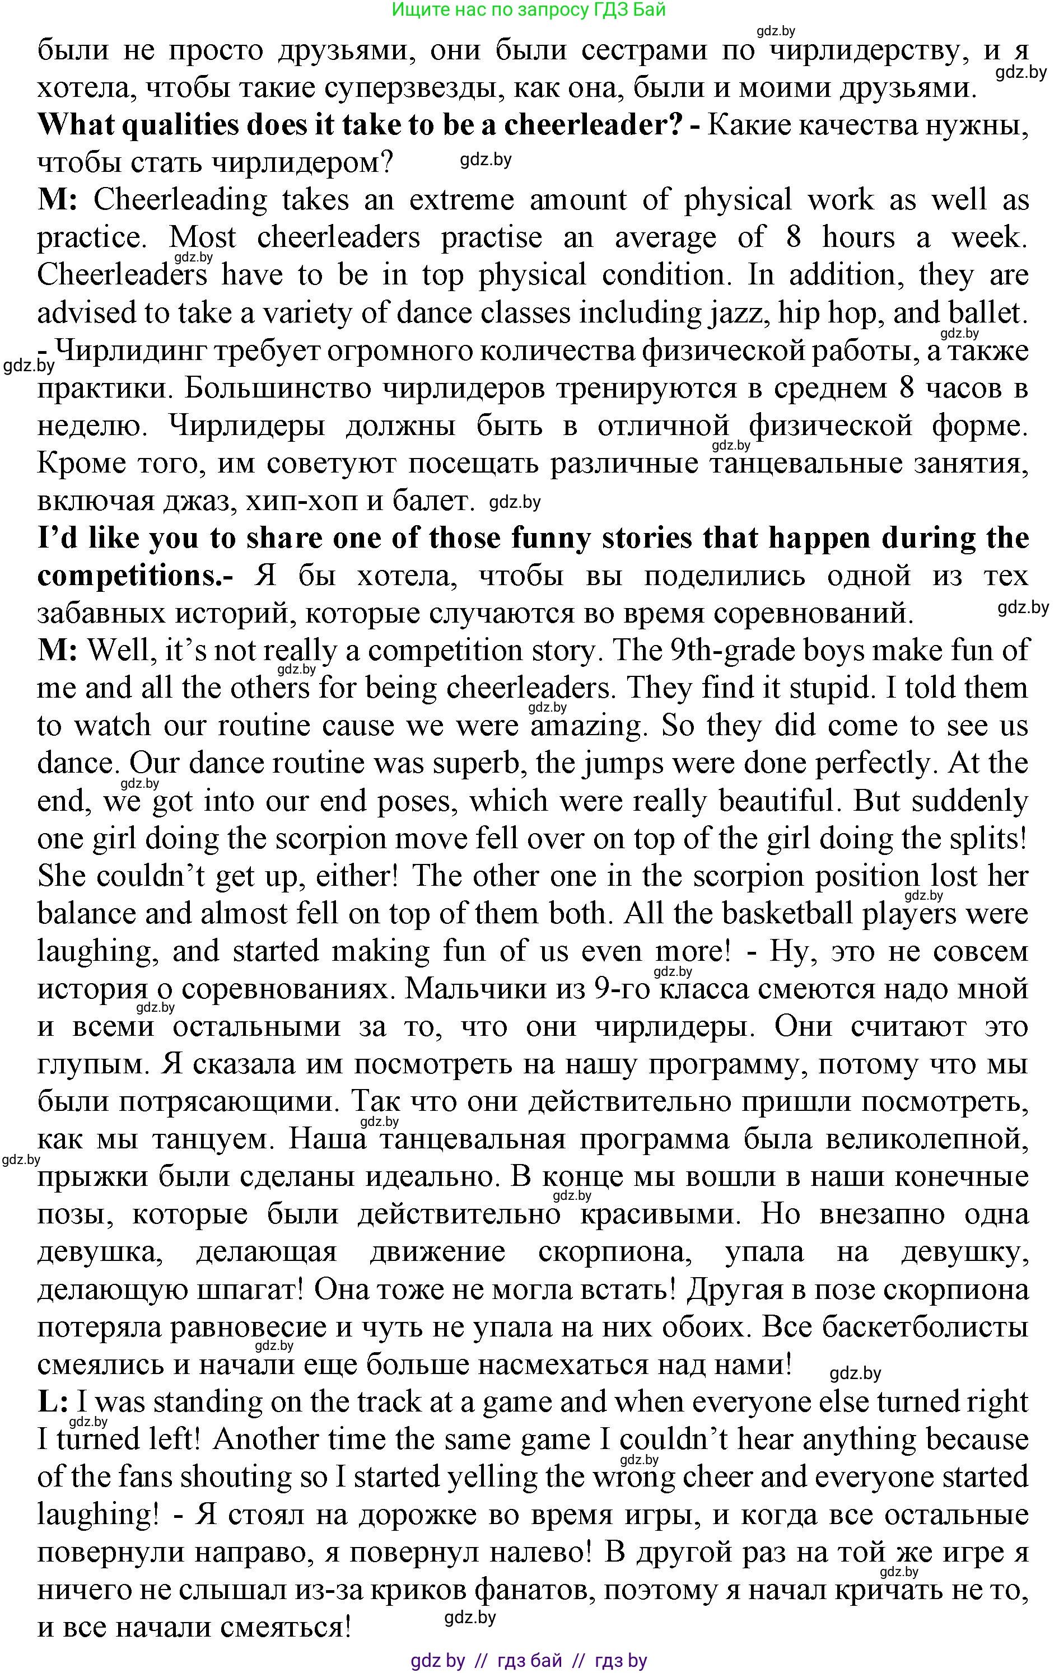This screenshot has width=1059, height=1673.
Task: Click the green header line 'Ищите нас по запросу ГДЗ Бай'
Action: (529, 10)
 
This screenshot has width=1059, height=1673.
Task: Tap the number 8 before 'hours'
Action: (793, 237)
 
